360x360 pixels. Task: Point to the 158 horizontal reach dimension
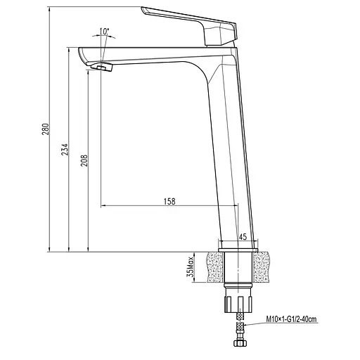(169, 201)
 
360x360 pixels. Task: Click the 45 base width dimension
(243, 237)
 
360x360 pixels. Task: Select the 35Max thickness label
(191, 268)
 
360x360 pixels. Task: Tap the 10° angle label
(105, 32)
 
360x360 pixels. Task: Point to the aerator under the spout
(103, 67)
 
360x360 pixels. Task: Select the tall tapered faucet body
(226, 141)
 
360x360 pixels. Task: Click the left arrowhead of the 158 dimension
(104, 207)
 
